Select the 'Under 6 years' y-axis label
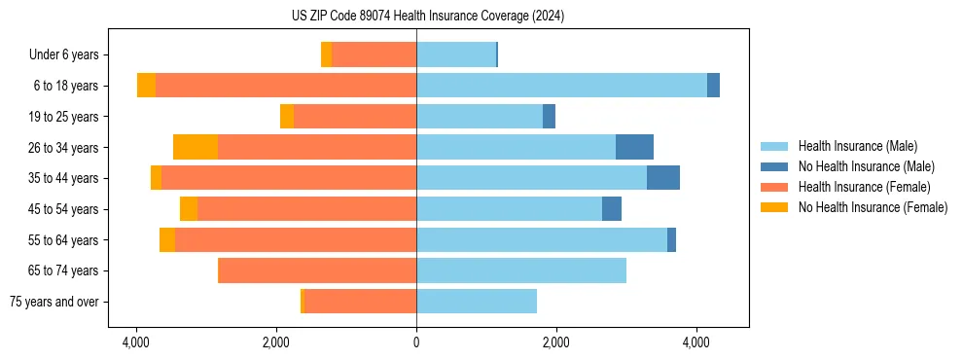click(69, 55)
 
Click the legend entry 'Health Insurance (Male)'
click(857, 146)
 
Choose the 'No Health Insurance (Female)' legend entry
click(873, 207)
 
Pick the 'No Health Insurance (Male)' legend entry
click(866, 166)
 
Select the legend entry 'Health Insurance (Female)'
click(864, 187)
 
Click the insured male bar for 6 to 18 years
click(561, 86)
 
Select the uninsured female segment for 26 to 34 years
click(196, 147)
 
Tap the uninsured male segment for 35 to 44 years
click(663, 178)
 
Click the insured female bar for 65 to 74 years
click(317, 270)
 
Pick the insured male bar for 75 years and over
click(477, 302)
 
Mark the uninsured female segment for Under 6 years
click(327, 55)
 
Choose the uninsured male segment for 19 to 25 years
click(549, 117)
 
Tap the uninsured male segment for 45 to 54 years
click(612, 209)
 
